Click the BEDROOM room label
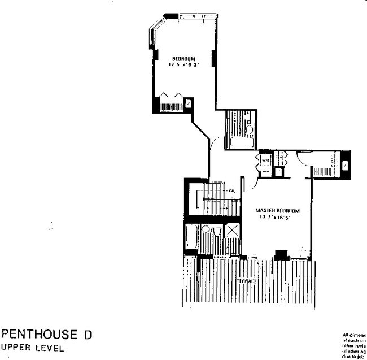click(183, 58)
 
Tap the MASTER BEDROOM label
click(277, 210)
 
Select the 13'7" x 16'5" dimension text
click(277, 216)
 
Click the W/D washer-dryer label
click(265, 160)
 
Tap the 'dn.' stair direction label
click(231, 190)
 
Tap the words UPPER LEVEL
click(33, 348)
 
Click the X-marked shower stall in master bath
click(232, 231)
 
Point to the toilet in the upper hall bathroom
click(249, 128)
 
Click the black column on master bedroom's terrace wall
click(279, 254)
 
